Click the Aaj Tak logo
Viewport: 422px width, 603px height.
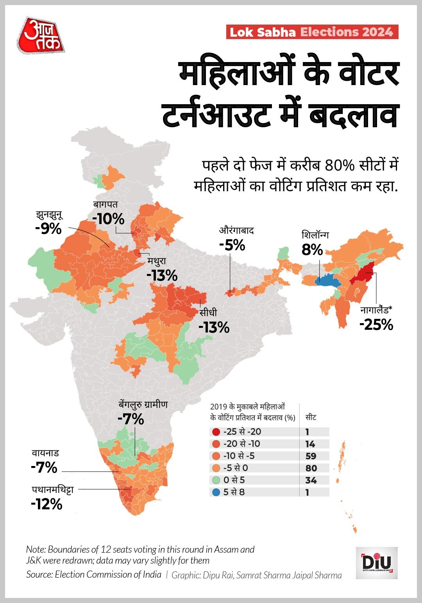tap(41, 36)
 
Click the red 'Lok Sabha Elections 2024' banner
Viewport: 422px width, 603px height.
tap(312, 32)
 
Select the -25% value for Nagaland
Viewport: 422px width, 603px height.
tap(376, 325)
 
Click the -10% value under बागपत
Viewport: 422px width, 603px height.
tap(108, 219)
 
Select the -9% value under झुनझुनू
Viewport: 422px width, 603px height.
tap(48, 229)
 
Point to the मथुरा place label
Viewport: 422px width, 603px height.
tap(157, 261)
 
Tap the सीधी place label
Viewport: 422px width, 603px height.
tap(208, 313)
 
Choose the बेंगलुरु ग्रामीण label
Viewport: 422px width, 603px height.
tap(143, 405)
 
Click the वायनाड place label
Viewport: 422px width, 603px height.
tap(45, 454)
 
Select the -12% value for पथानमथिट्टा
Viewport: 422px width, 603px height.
tap(46, 504)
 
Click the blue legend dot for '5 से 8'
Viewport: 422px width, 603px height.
tap(216, 492)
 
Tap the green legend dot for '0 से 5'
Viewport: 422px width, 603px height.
tap(216, 480)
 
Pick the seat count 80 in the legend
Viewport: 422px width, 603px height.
tap(311, 468)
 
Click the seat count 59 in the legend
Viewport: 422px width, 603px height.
tap(311, 456)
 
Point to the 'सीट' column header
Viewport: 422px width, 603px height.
tap(311, 417)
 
